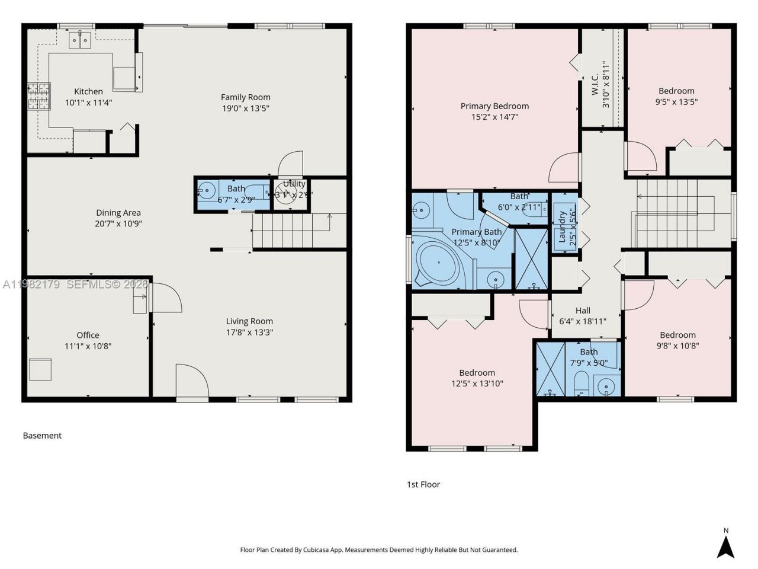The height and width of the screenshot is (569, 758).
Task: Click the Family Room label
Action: (x=245, y=97)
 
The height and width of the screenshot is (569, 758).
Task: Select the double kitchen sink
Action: (x=80, y=40)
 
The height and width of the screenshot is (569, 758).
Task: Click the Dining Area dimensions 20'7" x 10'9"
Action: (x=118, y=223)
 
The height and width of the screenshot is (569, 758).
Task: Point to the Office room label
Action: (x=88, y=335)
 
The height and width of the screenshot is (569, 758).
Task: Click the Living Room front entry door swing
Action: (x=192, y=381)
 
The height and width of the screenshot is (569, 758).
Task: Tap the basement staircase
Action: (x=290, y=231)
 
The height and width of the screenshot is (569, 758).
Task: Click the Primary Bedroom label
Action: (x=494, y=106)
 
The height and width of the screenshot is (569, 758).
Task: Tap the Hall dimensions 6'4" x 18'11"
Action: (x=583, y=321)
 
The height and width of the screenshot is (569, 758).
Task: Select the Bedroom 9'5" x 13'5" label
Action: (x=676, y=91)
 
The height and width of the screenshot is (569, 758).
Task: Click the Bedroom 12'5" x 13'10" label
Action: (x=477, y=373)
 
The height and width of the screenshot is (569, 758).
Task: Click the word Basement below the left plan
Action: (x=42, y=435)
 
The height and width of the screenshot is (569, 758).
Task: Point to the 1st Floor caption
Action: (x=423, y=484)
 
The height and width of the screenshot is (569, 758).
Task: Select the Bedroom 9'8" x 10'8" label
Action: (x=677, y=335)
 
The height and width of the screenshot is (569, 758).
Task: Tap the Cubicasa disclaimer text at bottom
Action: (x=378, y=549)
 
